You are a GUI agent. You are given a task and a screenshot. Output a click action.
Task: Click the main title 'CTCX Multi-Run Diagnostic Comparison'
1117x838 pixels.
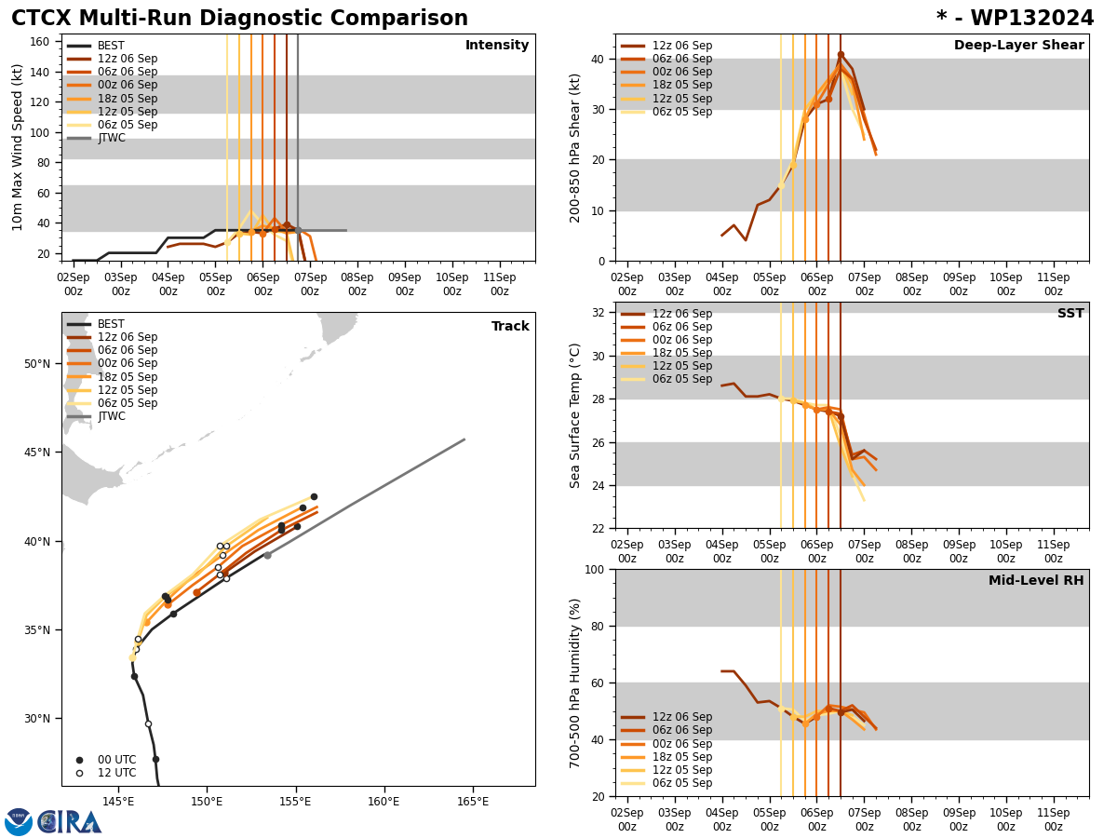click(239, 19)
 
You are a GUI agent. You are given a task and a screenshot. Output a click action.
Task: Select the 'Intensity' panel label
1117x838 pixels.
click(497, 46)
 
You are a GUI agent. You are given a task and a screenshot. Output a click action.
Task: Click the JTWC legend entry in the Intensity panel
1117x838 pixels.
click(111, 138)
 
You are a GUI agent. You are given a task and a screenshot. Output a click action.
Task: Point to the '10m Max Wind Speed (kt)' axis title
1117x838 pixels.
click(18, 147)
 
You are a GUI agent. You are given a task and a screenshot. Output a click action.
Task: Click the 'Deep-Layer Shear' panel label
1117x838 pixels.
click(1018, 46)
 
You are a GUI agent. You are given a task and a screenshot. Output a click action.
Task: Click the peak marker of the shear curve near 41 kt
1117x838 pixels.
click(841, 55)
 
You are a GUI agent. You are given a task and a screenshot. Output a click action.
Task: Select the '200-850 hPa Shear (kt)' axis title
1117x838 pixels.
click(575, 147)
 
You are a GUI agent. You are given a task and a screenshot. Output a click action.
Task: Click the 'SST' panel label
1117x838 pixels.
click(1070, 314)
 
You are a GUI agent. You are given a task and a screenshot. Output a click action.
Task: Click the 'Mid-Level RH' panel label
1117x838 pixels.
click(1036, 581)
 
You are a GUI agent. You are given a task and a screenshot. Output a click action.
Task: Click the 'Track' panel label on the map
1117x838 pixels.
click(510, 327)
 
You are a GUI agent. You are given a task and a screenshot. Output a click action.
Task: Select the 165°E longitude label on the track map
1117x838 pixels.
click(473, 801)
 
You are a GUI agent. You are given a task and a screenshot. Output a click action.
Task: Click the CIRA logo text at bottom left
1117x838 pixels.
click(70, 822)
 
